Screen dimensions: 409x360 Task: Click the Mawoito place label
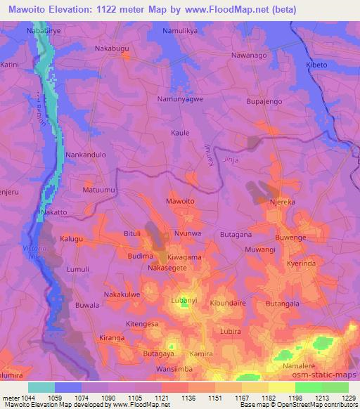point(179,201)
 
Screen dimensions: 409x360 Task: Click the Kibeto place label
point(316,65)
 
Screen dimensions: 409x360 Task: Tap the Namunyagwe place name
point(180,101)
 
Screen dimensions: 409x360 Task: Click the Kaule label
point(181,132)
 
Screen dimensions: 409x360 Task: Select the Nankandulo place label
point(85,154)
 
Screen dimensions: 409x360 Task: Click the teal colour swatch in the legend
point(41,387)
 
